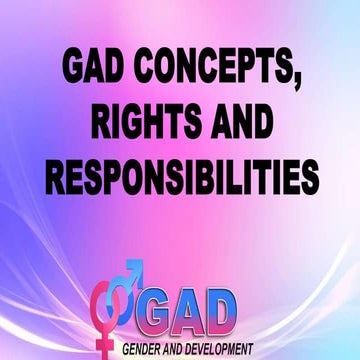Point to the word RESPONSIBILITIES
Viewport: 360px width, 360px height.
point(180,180)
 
